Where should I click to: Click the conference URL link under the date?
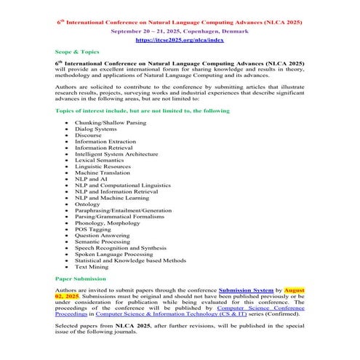click(x=179, y=42)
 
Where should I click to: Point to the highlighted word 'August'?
click(x=294, y=290)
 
